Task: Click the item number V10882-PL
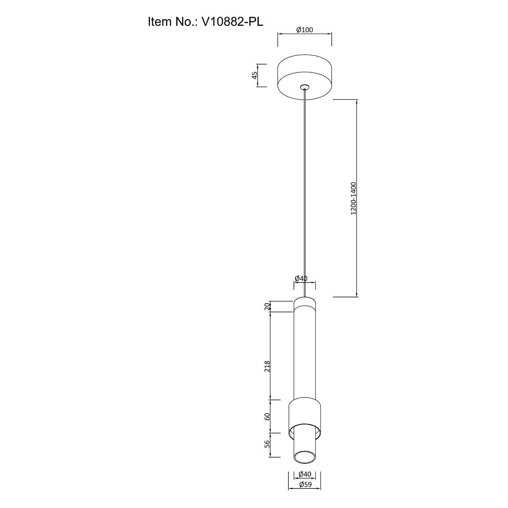(232, 22)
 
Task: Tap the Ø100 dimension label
(304, 30)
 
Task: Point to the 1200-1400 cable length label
(353, 198)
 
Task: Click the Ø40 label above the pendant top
(301, 278)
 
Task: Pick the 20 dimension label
(267, 306)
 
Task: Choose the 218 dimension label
(267, 367)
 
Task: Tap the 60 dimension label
(267, 424)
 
